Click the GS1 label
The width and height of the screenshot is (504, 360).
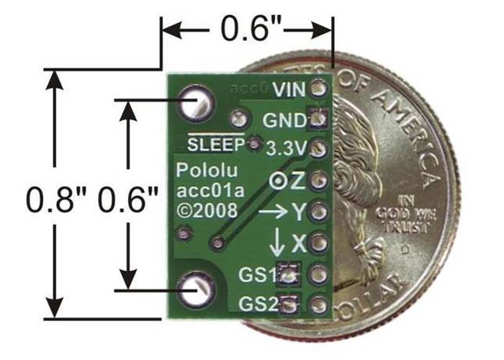(x=261, y=273)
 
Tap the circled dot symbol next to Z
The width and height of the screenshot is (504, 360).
(x=275, y=182)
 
